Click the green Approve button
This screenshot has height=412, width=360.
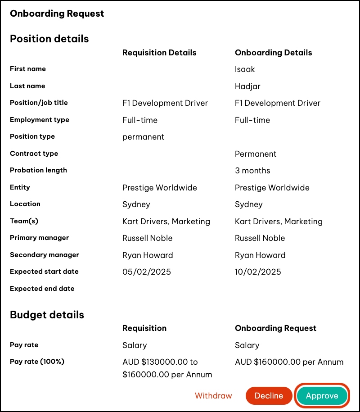click(x=322, y=396)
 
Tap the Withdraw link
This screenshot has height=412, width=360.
click(x=213, y=396)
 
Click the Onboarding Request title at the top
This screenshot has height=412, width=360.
click(x=57, y=14)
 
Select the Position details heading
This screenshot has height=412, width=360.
click(x=49, y=39)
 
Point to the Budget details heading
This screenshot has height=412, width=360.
click(x=47, y=315)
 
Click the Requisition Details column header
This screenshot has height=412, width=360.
click(x=159, y=53)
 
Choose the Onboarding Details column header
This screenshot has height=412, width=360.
click(x=273, y=53)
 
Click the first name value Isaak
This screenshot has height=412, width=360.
click(x=245, y=69)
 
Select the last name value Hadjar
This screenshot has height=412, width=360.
click(x=247, y=86)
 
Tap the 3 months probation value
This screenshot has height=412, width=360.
click(x=252, y=171)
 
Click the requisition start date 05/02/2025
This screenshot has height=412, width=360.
click(x=146, y=272)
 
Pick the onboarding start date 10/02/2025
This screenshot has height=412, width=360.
click(x=258, y=272)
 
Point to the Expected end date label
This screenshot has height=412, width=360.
click(x=42, y=289)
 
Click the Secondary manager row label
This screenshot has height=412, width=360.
click(x=45, y=255)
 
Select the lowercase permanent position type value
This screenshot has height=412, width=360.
click(x=143, y=137)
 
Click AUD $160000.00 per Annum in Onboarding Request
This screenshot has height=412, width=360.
click(x=289, y=362)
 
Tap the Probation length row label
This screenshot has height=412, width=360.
click(x=38, y=170)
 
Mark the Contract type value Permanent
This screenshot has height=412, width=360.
click(x=256, y=154)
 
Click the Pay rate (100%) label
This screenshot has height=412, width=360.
click(x=37, y=362)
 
